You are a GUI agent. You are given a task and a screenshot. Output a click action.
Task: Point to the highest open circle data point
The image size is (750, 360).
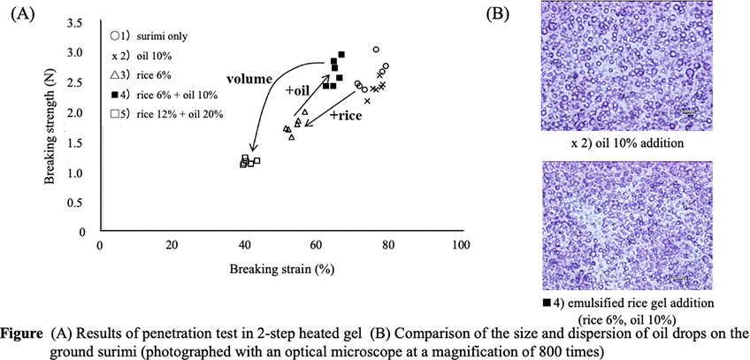pyautogui.click(x=376, y=50)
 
